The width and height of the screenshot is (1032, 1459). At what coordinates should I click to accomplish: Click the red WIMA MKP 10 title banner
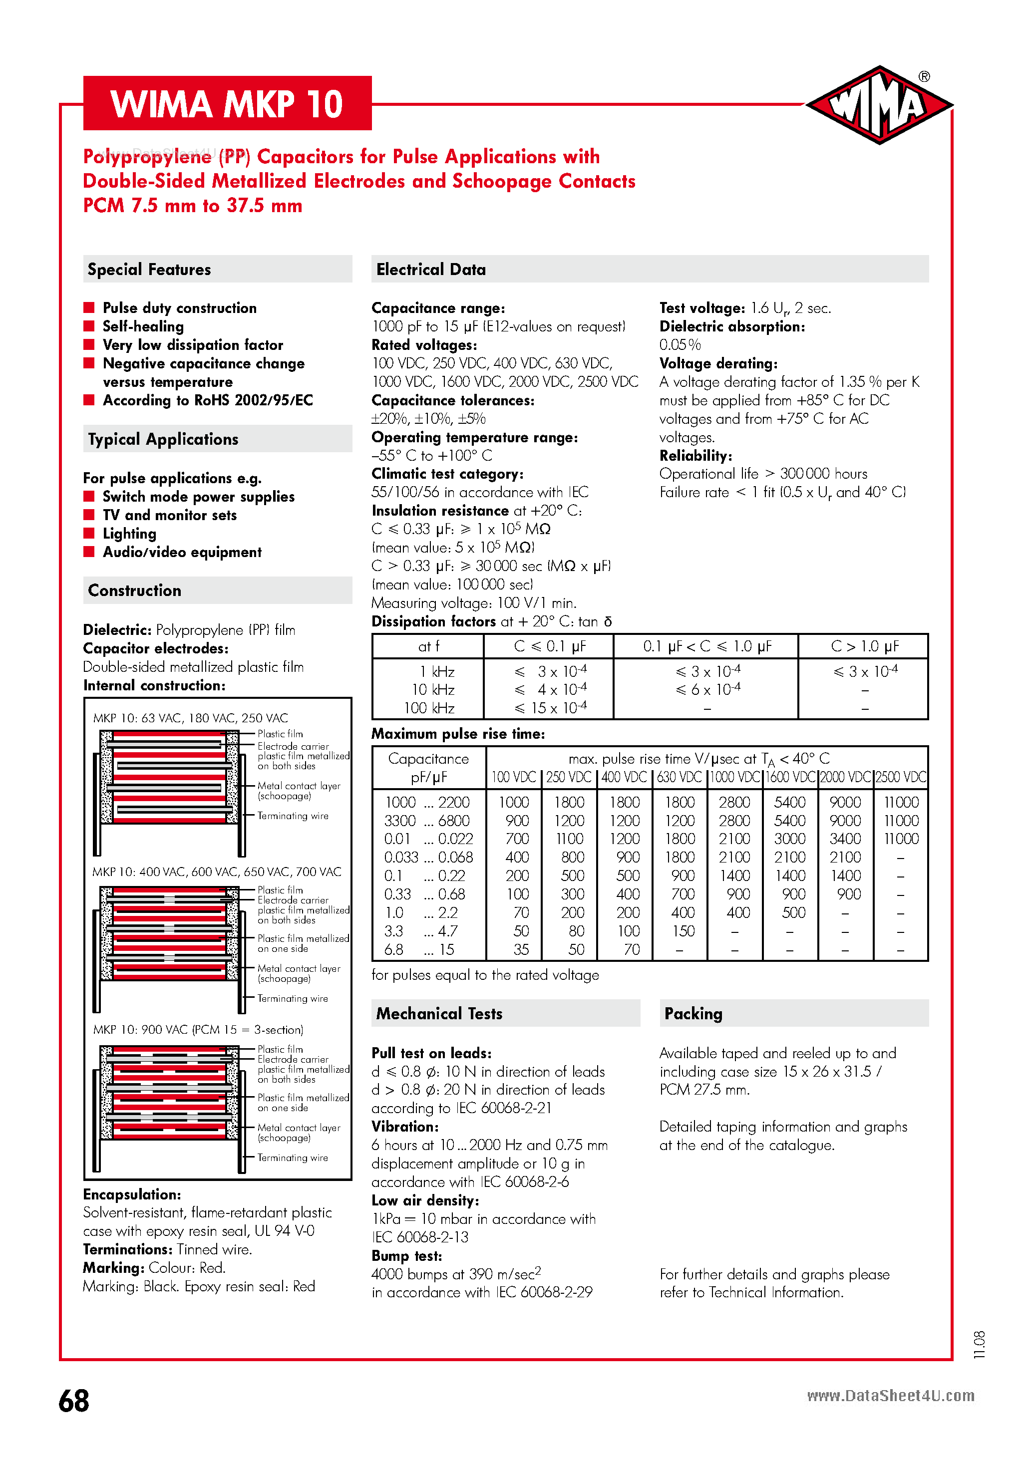227,104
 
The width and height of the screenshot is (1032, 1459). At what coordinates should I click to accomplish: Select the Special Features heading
149,270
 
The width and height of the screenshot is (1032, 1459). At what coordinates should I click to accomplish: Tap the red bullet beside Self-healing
89,326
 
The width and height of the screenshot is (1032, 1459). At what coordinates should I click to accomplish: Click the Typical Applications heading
163,439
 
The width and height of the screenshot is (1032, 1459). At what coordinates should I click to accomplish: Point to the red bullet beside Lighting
89,533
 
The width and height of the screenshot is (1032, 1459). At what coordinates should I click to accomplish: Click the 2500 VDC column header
901,777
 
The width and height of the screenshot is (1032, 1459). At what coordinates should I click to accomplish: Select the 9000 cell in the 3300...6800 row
845,821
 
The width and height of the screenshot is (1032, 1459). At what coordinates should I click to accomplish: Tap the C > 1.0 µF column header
864,646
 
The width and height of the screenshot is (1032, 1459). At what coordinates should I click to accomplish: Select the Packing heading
693,1014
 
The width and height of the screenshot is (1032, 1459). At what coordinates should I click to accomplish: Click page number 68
74,1401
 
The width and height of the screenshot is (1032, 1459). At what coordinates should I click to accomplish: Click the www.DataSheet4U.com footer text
890,1396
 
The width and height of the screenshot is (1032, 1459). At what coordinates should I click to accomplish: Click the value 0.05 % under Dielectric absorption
680,345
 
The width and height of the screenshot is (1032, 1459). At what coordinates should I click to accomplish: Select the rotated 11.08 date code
979,1345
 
